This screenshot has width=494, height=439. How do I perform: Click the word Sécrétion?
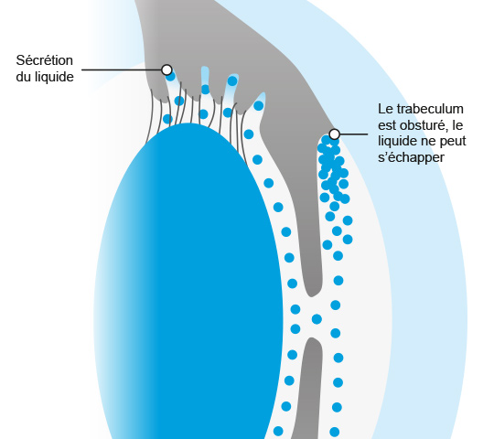coord(45,60)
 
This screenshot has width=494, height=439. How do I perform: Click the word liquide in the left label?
coord(54,77)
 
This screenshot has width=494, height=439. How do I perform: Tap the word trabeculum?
coord(430,109)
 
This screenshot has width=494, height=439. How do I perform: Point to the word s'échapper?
coord(411,157)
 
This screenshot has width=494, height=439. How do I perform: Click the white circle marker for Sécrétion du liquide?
coord(166,70)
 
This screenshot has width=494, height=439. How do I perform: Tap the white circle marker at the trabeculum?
coord(334,134)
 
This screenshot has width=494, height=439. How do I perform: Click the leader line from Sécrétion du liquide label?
coord(122,70)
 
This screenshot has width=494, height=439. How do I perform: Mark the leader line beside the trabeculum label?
coord(353,134)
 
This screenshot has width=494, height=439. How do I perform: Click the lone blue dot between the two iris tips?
coord(317,319)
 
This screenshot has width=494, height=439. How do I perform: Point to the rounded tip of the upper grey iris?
coord(312,293)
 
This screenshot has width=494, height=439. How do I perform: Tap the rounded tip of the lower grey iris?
coord(312,342)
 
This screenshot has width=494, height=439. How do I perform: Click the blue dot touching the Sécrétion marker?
coord(170,77)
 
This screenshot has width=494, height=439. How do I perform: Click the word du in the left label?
coord(23,77)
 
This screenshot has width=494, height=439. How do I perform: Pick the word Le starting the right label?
coord(385,109)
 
